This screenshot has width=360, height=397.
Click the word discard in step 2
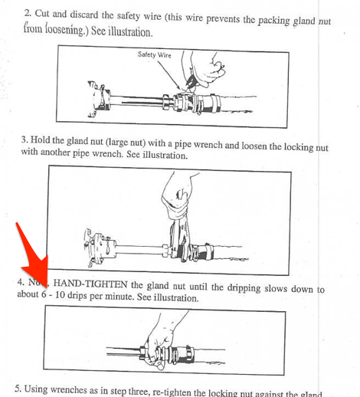click(x=95, y=15)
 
